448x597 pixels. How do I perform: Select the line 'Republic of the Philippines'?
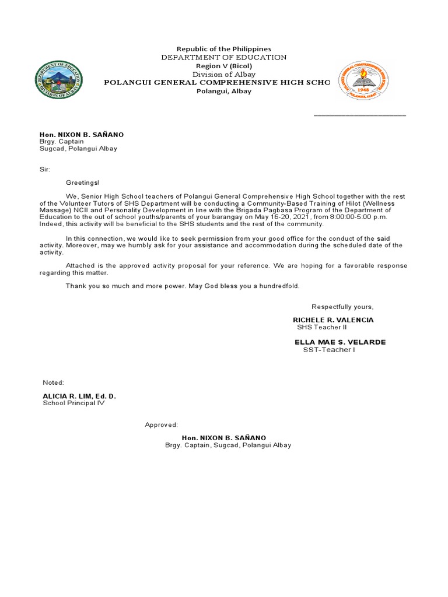coord(224,49)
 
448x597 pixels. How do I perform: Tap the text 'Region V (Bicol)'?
coord(224,66)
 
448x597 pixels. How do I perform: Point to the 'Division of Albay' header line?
coord(224,74)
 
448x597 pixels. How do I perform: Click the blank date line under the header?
coord(359,114)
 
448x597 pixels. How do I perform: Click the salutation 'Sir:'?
coord(45,169)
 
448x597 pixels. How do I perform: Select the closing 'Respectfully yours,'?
coord(342,307)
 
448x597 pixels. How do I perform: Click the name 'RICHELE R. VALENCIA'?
coord(333,320)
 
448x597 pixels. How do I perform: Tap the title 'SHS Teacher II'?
coord(321,328)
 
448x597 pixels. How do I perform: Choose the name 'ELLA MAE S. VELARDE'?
coord(340,342)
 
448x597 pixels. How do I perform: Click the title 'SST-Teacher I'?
coord(328,349)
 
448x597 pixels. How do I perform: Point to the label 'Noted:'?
coord(53,382)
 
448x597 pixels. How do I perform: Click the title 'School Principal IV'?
coord(73,403)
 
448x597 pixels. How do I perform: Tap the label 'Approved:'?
coord(162,424)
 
